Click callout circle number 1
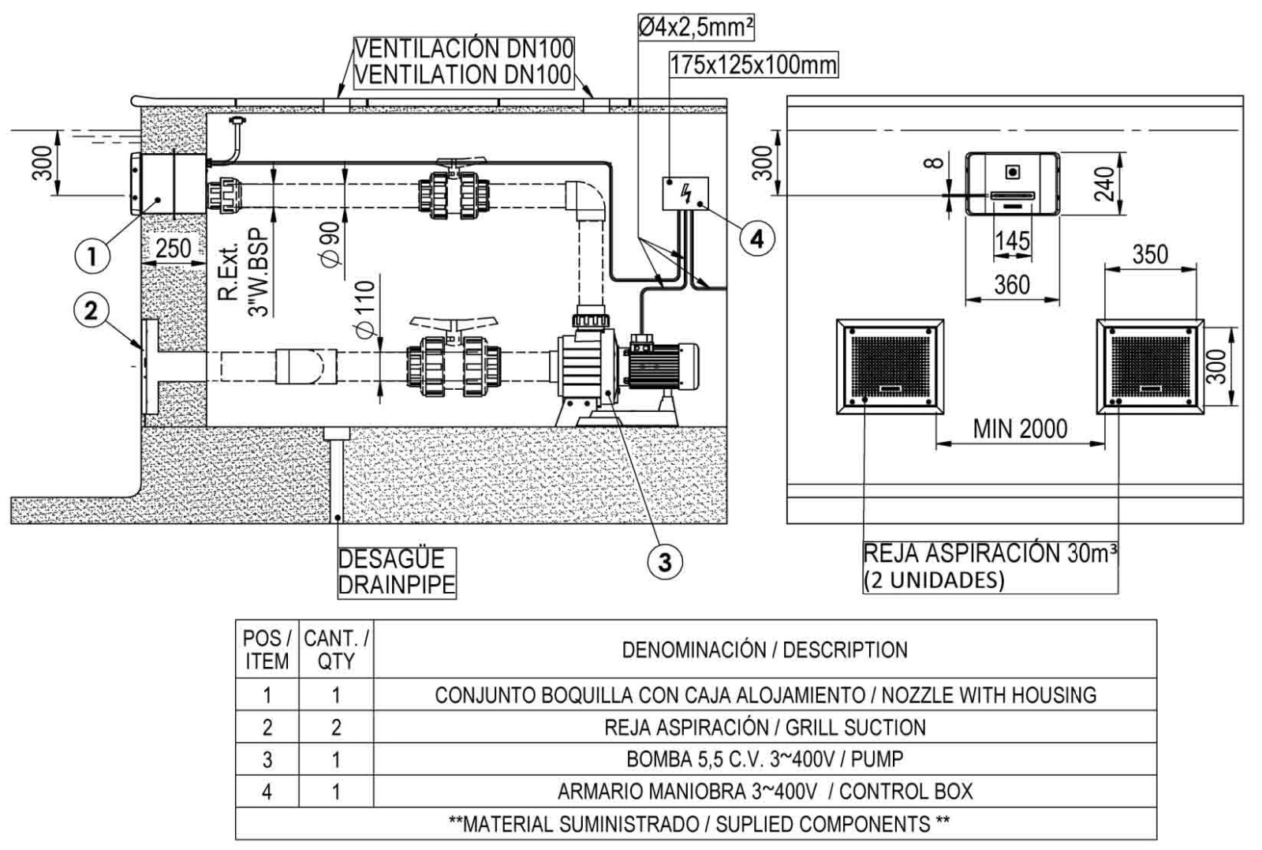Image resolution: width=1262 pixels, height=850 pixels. point(92,255)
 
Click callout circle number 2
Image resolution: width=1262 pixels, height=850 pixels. point(92,310)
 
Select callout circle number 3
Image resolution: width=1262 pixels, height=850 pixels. point(665,561)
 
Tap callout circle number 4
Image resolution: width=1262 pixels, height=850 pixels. point(756,238)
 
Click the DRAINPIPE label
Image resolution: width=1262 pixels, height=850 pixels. point(397,585)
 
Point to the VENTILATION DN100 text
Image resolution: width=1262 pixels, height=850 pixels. point(463,74)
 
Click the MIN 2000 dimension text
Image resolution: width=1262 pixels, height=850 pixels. point(1020,429)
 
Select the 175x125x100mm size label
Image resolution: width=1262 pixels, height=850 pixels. point(753,65)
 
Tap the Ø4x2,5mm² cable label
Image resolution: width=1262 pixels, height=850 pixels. point(695,28)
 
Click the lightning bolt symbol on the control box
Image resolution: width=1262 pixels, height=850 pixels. point(686,192)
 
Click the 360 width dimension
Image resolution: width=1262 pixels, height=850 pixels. point(1011,284)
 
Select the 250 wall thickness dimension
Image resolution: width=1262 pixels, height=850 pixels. point(173,248)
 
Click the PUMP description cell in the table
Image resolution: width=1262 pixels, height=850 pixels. point(764,759)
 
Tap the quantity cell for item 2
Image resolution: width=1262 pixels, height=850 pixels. point(336,727)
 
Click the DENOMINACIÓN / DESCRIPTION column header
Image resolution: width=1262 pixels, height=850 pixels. point(764,650)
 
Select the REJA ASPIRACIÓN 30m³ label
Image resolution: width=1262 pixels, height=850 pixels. point(991,554)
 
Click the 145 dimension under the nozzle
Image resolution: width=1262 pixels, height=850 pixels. point(1012,240)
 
